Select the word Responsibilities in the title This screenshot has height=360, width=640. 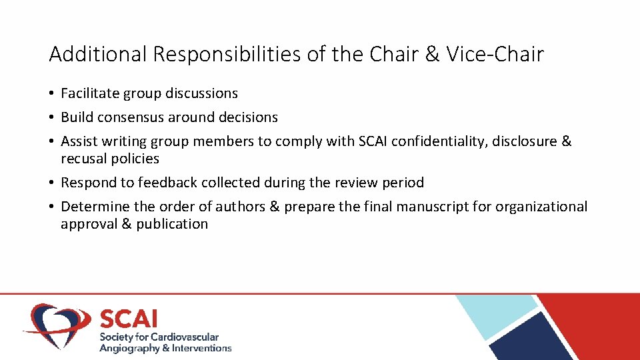[227, 55]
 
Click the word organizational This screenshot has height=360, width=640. [540, 207]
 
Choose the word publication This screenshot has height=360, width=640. [172, 224]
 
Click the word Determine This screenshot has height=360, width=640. [96, 207]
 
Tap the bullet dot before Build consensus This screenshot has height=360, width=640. [52, 117]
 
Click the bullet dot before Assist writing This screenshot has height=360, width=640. [52, 141]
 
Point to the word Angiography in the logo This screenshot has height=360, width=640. [129, 348]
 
